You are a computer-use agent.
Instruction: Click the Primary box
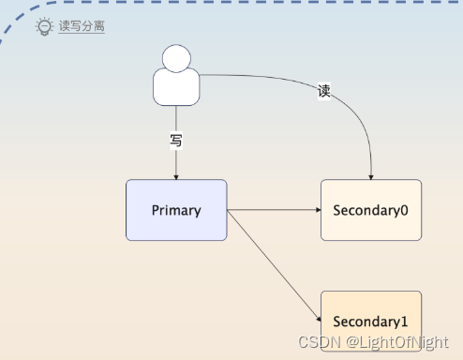click(176, 210)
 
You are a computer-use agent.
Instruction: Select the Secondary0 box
click(371, 210)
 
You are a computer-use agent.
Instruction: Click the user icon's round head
click(176, 57)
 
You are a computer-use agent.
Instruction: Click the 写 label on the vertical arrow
click(176, 142)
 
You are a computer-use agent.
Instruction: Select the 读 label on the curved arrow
click(324, 91)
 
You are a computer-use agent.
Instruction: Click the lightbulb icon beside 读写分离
click(44, 27)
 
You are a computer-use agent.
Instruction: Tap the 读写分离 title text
click(82, 27)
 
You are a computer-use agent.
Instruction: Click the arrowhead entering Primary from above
click(176, 175)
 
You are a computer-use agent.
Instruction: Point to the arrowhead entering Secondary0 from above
click(372, 175)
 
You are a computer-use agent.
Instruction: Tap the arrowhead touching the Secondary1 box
click(317, 321)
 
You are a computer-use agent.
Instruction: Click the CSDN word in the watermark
click(315, 344)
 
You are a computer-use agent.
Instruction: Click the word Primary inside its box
click(176, 210)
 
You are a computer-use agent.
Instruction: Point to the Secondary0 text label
click(371, 210)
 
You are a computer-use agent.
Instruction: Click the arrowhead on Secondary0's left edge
click(317, 210)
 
